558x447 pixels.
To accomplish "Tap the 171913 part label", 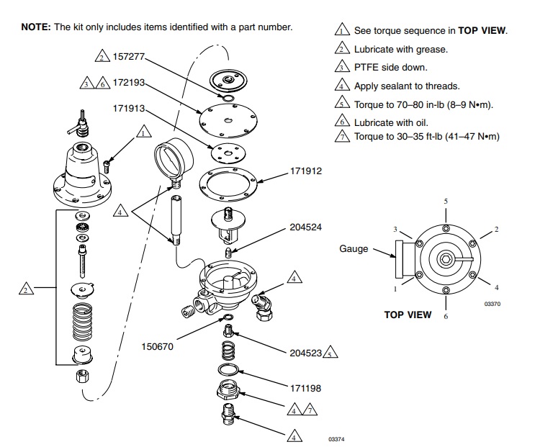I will (x=129, y=108).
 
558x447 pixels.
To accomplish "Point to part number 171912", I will (x=305, y=171).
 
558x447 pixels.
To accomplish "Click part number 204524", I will (x=305, y=227).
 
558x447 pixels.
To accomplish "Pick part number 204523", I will (x=305, y=353).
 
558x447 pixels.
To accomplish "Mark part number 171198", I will (x=305, y=388).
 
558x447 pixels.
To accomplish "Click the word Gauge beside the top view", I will (x=354, y=249).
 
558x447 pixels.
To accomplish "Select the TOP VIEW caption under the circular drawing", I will (x=408, y=315).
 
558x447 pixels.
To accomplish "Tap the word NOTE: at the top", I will (x=36, y=27).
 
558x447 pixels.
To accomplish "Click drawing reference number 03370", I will (x=492, y=304).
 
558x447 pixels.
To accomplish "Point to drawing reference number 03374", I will (x=336, y=438).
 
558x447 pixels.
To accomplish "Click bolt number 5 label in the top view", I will (x=446, y=201).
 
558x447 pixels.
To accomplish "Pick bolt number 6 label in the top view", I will (x=446, y=316).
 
